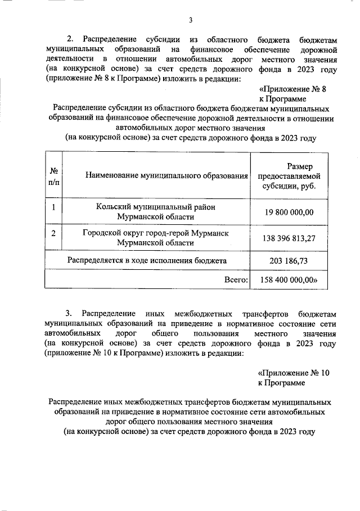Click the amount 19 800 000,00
pyautogui.click(x=289, y=211)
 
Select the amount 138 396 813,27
pyautogui.click(x=289, y=238)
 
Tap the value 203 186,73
pyautogui.click(x=289, y=260)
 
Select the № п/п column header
pyautogui.click(x=55, y=175)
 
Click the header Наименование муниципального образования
pyautogui.click(x=167, y=176)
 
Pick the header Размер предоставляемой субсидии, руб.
pyautogui.click(x=289, y=176)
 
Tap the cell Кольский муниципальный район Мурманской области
pyautogui.click(x=156, y=211)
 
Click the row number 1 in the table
pyautogui.click(x=54, y=207)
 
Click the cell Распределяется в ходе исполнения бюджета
pyautogui.click(x=147, y=260)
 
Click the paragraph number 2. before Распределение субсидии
pyautogui.click(x=70, y=39)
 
